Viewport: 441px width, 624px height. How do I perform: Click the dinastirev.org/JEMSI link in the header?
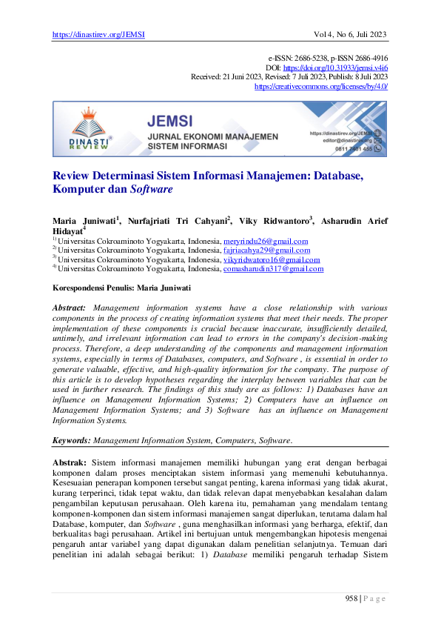click(x=98, y=35)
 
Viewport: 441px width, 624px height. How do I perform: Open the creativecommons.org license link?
click(x=320, y=86)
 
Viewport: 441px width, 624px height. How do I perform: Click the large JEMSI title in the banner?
click(x=169, y=121)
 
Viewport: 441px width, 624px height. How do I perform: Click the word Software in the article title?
click(x=152, y=189)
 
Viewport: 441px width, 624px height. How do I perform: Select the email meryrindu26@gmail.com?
click(x=265, y=241)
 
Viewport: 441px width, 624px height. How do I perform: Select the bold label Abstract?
click(x=70, y=307)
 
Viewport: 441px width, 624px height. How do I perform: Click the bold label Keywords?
click(x=71, y=440)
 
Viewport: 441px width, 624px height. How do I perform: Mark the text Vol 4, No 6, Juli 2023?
click(x=351, y=35)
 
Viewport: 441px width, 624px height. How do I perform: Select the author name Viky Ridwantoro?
click(x=275, y=221)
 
